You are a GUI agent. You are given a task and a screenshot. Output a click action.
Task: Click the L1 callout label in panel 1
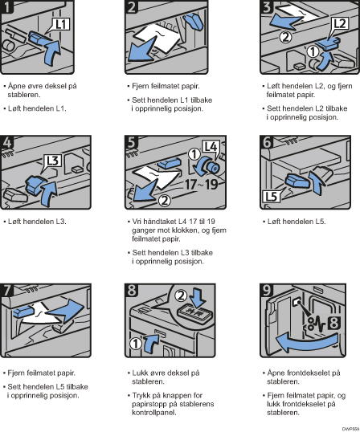point(61,24)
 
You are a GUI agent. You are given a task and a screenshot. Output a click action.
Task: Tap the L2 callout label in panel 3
point(340,23)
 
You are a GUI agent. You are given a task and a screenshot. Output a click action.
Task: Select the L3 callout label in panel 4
point(53,161)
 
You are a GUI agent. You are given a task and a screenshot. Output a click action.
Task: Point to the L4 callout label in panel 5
point(211,146)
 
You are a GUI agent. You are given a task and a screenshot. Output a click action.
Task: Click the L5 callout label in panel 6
point(271,197)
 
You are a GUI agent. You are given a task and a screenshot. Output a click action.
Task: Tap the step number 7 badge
point(6,290)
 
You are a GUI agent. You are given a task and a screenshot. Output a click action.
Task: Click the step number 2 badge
point(131,6)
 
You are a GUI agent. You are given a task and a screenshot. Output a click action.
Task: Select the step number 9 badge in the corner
point(267,290)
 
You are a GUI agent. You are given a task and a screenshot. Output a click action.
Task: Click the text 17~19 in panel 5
point(201,185)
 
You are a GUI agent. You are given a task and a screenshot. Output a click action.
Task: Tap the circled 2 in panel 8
point(181,295)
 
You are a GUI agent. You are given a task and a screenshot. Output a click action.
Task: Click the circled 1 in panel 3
point(313,51)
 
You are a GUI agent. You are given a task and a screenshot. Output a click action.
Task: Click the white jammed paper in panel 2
point(161,37)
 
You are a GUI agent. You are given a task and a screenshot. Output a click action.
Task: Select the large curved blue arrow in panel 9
point(306,341)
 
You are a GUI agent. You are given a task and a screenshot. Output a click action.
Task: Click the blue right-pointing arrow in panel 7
point(66,311)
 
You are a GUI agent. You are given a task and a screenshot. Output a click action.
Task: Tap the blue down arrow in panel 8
point(198,298)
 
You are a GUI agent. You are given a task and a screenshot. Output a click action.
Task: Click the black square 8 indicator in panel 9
point(333,323)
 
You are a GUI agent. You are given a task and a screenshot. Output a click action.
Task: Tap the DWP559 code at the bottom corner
point(351,429)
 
